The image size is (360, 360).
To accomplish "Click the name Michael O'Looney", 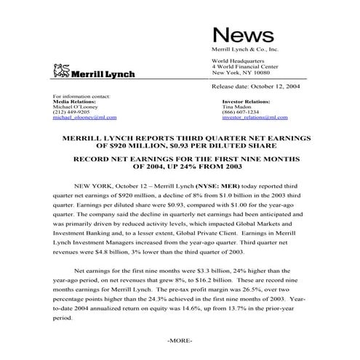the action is [x=76, y=106].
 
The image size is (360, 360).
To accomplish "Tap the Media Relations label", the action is [x=76, y=101].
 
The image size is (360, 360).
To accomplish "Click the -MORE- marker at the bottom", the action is [x=179, y=340].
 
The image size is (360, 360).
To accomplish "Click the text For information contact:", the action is [x=82, y=96].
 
